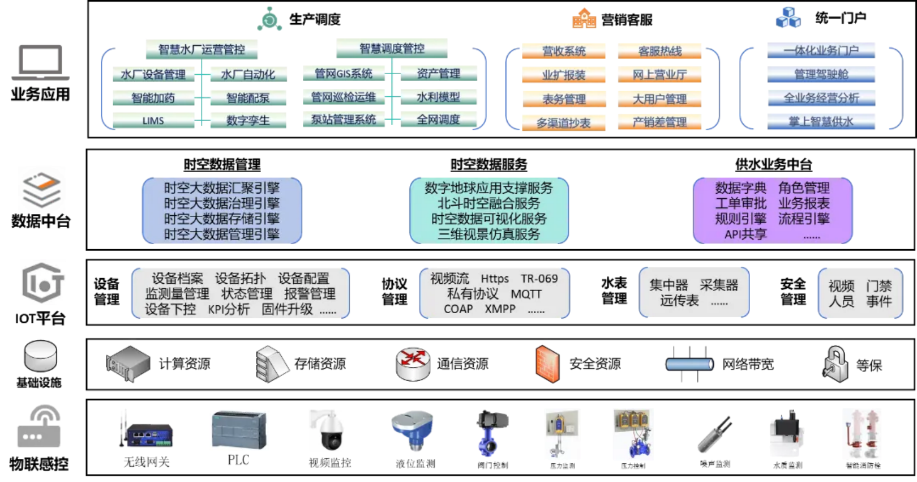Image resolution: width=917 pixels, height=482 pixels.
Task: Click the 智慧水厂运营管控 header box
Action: pos(202,49)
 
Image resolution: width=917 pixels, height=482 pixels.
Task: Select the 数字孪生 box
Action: pos(248,120)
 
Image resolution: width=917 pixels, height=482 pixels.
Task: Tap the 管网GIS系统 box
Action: pos(344,73)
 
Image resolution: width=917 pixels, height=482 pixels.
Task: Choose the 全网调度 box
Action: pos(438,120)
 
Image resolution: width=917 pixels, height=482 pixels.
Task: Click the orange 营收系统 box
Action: pos(563,51)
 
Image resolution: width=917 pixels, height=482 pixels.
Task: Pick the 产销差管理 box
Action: pos(659,122)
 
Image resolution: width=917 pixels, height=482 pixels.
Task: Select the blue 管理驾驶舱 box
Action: pos(821,74)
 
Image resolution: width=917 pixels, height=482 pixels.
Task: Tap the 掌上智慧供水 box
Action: pos(821,121)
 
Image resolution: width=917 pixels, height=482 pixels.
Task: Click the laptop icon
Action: pos(40,62)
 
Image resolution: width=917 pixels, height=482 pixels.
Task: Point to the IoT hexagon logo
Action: pos(42,282)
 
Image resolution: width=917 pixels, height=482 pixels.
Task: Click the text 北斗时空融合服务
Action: pos(489,203)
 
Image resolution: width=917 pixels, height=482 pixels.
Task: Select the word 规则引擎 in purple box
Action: pos(740,219)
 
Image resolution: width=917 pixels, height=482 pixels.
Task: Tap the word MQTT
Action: pos(526,294)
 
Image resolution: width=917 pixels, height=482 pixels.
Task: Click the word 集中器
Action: pos(669,285)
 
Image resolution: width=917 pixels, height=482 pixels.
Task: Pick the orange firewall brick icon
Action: pos(547,364)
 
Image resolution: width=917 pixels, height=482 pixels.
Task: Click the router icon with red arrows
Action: pos(413,363)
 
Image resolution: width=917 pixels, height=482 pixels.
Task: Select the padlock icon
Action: pos(835,364)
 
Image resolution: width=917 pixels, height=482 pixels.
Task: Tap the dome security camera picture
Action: pos(330,430)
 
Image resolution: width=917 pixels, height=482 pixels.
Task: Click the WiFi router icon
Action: pos(39,428)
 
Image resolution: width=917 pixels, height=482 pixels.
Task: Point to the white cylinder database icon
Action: pos(41,356)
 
